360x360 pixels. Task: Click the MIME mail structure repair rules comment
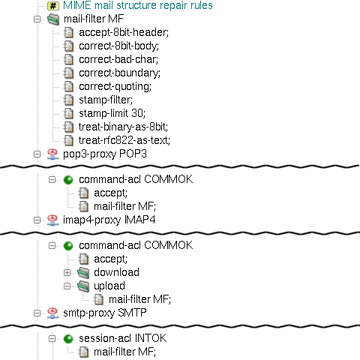coord(138,5)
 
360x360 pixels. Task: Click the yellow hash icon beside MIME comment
coord(53,6)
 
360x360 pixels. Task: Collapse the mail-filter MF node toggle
coord(37,19)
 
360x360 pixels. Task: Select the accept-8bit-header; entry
coord(124,32)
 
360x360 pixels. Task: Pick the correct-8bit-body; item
coord(118,46)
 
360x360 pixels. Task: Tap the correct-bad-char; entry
coord(118,59)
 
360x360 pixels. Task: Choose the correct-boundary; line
coord(119,73)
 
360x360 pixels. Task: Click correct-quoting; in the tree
coord(115,86)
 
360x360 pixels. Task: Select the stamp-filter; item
coord(106,100)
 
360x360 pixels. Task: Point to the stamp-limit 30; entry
coord(112,113)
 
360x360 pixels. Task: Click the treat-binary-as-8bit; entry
coord(123,127)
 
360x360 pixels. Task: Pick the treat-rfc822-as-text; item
coord(124,140)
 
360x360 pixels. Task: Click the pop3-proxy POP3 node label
coord(105,154)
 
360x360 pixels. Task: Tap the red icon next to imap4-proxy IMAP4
coord(52,220)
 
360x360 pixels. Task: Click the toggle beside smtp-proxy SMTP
coord(37,313)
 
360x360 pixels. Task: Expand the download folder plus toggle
coord(67,272)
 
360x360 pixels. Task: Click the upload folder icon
coord(83,286)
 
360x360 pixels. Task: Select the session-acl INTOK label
coord(123,338)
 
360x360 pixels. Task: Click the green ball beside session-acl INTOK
coord(68,339)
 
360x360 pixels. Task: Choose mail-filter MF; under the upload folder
coord(139,299)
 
